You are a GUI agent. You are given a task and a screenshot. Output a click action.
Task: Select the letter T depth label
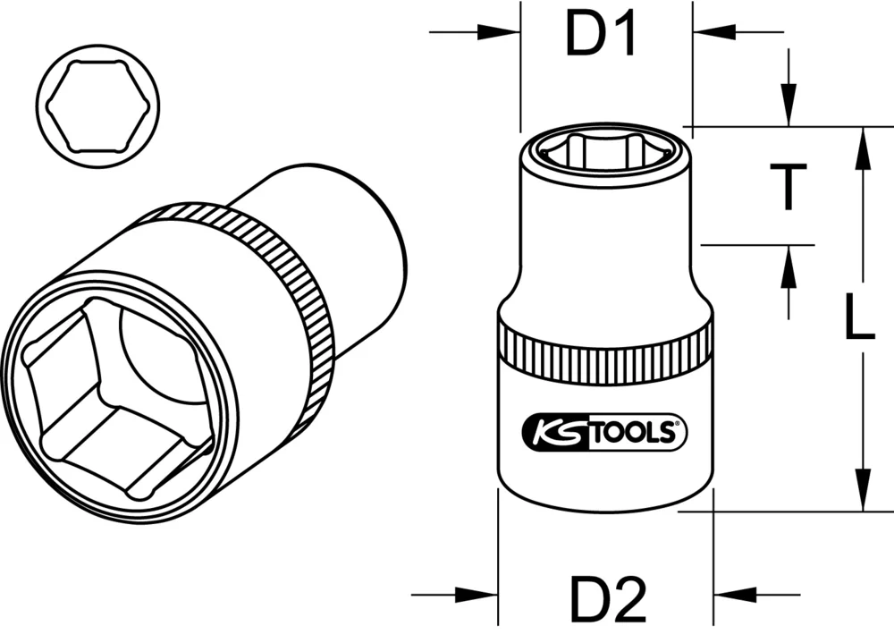[789, 187]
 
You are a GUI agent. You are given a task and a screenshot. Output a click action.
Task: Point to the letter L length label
[859, 319]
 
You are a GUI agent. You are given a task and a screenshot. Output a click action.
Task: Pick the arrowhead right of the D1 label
[712, 32]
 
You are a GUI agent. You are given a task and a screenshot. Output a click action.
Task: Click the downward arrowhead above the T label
[789, 107]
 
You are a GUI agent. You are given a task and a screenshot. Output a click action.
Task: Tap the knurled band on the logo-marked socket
[605, 352]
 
